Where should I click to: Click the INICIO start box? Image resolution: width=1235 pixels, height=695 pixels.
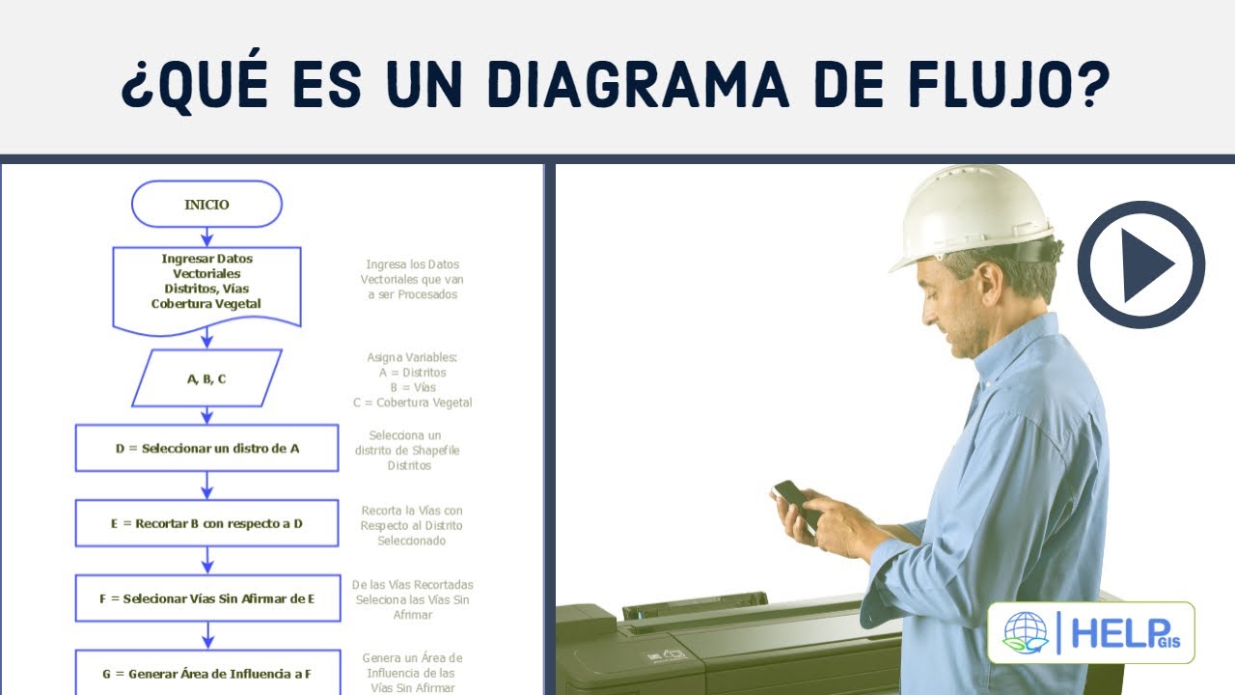pyautogui.click(x=206, y=205)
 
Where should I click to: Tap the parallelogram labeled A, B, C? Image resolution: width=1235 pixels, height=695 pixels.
pyautogui.click(x=206, y=378)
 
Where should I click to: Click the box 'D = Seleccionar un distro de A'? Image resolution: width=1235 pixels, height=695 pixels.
pyautogui.click(x=206, y=448)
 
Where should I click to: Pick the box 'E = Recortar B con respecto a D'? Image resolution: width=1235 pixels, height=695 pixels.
pyautogui.click(x=206, y=523)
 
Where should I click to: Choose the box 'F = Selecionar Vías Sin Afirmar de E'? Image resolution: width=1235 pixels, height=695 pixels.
pyautogui.click(x=206, y=598)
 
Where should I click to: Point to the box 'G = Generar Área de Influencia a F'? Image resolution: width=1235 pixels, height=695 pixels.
pyautogui.click(x=206, y=673)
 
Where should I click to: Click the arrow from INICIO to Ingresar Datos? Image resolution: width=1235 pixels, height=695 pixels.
pyautogui.click(x=206, y=236)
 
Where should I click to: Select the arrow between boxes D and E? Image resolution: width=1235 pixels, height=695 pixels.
pyautogui.click(x=206, y=485)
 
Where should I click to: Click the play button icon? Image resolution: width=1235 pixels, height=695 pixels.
pyautogui.click(x=1141, y=264)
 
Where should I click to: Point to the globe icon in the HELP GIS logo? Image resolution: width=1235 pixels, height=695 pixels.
pyautogui.click(x=1025, y=633)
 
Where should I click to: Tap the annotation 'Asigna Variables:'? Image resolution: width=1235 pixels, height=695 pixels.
pyautogui.click(x=412, y=357)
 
